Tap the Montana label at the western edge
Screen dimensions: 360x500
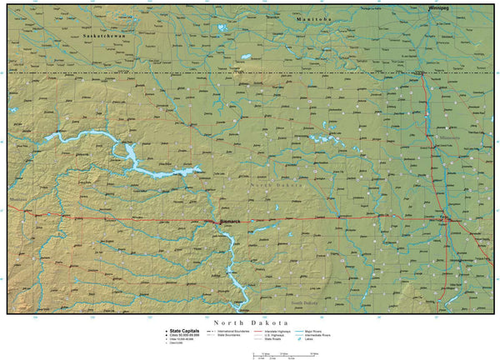click(17, 200)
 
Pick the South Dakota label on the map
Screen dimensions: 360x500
click(304, 302)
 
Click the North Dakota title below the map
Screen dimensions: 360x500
click(251, 322)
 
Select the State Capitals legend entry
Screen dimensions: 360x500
click(184, 331)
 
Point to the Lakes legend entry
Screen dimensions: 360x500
click(309, 339)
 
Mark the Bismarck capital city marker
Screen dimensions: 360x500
click(218, 222)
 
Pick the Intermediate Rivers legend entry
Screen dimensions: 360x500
click(320, 335)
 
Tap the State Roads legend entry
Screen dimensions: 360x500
click(274, 339)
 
